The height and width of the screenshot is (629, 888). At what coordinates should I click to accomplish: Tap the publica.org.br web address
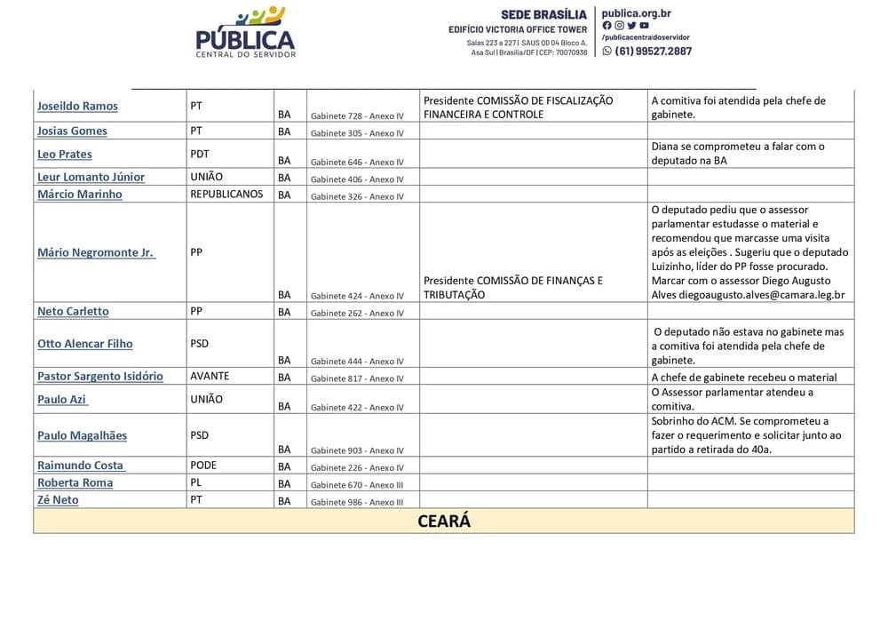636,13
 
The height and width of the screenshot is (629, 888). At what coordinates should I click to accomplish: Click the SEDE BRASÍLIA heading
543,15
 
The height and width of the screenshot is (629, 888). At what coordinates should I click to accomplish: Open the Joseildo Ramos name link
77,107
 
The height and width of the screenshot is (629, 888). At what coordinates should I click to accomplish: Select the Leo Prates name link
65,155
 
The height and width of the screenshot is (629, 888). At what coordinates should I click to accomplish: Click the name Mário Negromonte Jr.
95,252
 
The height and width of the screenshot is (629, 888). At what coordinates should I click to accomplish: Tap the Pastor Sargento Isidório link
100,377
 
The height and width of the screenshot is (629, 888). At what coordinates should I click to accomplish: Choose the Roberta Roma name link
75,483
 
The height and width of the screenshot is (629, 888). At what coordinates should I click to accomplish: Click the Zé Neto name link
58,500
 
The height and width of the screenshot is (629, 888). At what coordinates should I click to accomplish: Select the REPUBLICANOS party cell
226,194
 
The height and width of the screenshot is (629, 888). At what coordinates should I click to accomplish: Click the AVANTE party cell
210,376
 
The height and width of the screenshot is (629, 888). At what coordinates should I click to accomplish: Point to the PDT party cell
200,154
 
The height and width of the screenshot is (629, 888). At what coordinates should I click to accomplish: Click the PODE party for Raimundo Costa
203,466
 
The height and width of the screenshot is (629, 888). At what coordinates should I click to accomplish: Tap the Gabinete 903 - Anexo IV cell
357,450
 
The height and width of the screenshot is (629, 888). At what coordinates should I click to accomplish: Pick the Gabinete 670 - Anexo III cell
357,485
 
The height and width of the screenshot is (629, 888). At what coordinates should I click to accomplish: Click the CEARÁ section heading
444,522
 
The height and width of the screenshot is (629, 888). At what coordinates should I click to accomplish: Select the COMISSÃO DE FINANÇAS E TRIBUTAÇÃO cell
513,287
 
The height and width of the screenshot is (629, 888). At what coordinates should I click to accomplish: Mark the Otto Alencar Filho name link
85,344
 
